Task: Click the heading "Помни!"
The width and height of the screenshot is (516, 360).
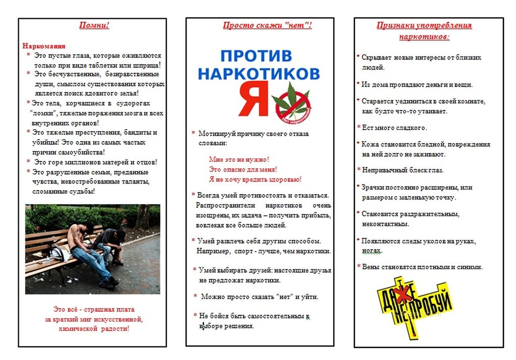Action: point(94,26)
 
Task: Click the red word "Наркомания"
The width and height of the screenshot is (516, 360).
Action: point(44,46)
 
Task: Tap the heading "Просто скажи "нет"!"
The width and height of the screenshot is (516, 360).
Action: point(267,26)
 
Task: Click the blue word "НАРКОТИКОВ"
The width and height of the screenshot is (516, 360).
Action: point(259,74)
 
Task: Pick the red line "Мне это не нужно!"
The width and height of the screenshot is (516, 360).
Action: point(238,159)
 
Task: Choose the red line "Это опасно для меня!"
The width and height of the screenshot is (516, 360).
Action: point(242,169)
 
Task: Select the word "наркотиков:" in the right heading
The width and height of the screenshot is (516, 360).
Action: point(424,37)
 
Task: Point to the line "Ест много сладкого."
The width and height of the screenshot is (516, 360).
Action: point(394,128)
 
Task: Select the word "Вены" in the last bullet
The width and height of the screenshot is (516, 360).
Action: point(370,267)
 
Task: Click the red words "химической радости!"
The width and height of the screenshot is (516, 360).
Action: point(94,328)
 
